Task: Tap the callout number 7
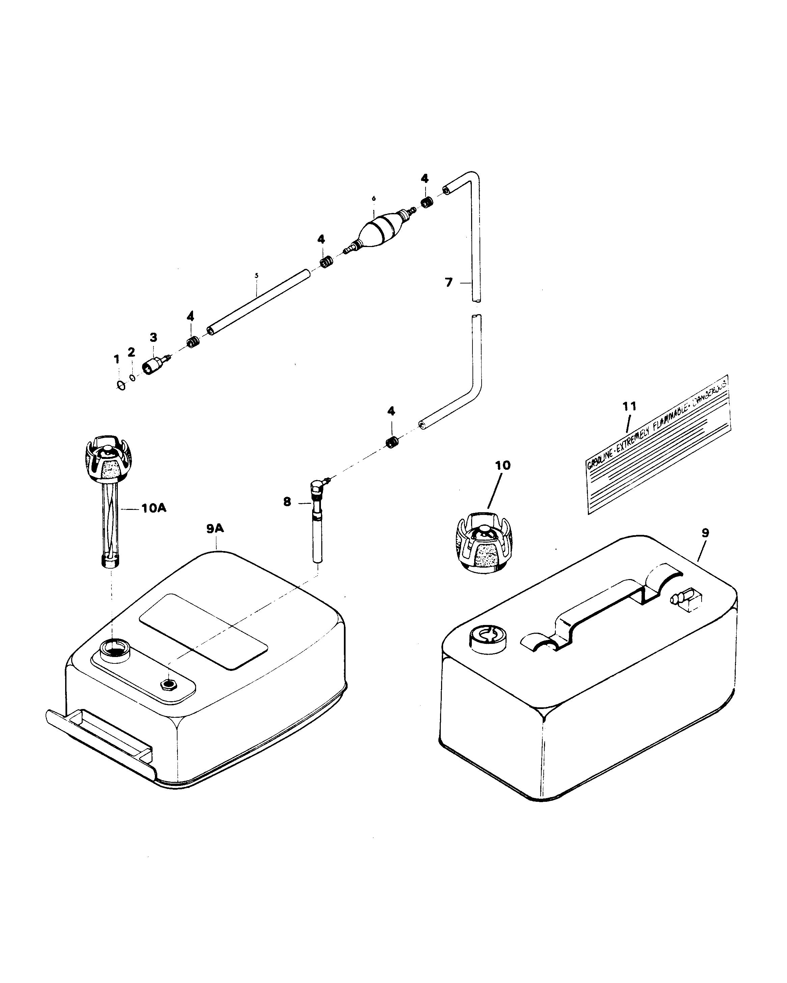point(449,283)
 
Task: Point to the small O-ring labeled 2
point(133,377)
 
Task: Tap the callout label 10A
point(153,508)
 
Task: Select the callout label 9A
point(215,528)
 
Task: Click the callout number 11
point(629,406)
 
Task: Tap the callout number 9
point(705,533)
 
